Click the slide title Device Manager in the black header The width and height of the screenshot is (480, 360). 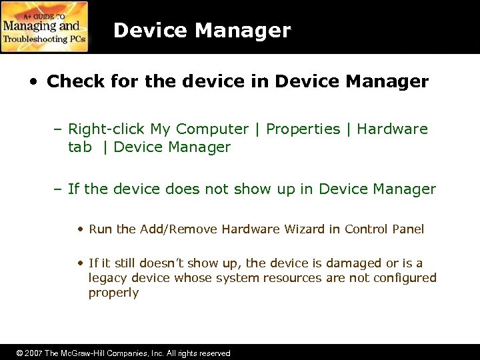pos(202,31)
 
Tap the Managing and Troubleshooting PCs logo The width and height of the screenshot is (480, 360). pos(45,27)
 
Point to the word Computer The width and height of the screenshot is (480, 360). pos(213,129)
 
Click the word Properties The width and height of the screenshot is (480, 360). pos(303,129)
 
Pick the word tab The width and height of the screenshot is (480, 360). pos(80,147)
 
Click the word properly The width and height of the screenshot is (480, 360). pos(113,293)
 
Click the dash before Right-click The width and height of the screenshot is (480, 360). pos(59,129)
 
